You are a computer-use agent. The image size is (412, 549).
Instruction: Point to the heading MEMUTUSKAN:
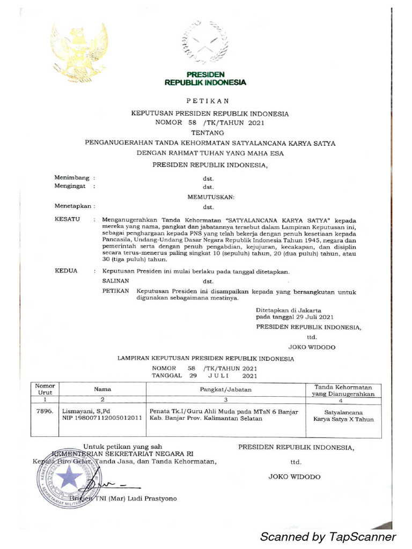click(x=210, y=197)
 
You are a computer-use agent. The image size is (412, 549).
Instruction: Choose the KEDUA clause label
click(x=67, y=271)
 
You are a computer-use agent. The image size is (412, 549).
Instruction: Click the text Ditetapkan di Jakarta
click(x=289, y=310)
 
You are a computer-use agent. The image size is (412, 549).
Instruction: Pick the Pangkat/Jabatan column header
click(x=226, y=389)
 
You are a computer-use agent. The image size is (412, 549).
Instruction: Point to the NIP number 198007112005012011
click(x=102, y=418)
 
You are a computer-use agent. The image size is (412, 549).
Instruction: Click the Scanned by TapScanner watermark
click(x=328, y=537)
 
